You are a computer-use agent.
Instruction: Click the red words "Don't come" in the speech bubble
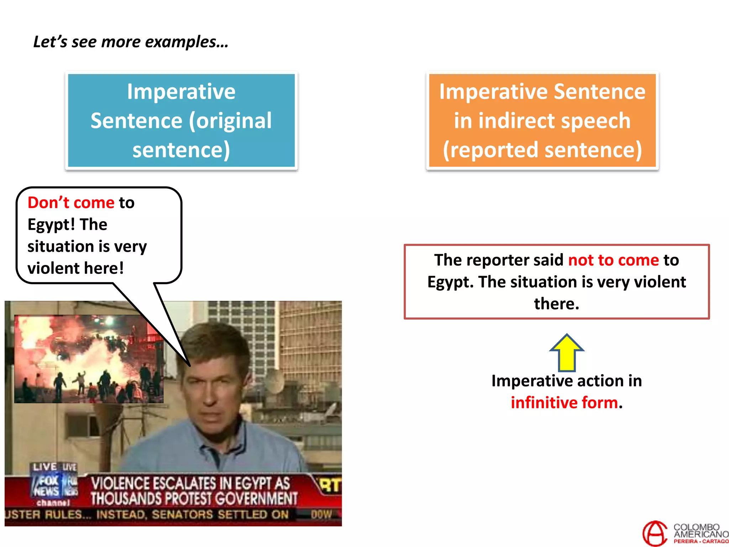click(x=71, y=203)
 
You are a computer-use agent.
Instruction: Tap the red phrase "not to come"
click(x=613, y=260)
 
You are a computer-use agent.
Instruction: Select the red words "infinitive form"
click(x=564, y=403)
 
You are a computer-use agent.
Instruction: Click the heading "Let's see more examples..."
click(x=131, y=42)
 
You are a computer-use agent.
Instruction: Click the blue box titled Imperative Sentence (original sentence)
click(x=181, y=120)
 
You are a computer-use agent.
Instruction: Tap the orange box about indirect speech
click(x=542, y=120)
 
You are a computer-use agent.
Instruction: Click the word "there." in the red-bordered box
click(x=556, y=304)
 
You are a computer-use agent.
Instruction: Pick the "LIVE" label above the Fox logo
click(x=45, y=467)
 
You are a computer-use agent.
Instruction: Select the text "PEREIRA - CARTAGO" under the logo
click(x=701, y=541)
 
